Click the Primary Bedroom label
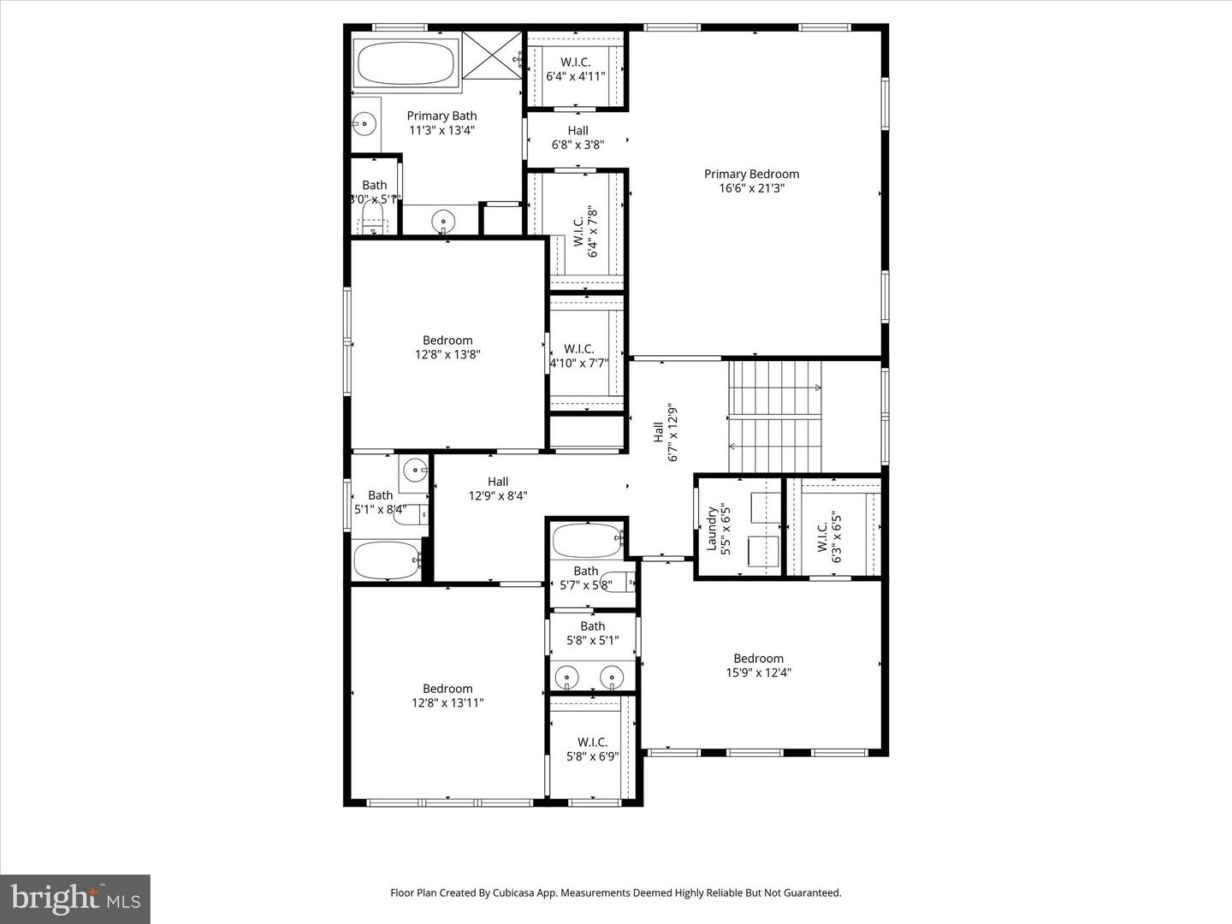(x=751, y=174)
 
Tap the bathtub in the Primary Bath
(x=406, y=63)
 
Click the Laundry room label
(x=710, y=529)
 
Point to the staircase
(x=774, y=417)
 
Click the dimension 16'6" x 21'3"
(x=751, y=188)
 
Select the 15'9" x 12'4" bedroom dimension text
(x=758, y=672)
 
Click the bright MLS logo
(x=75, y=898)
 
